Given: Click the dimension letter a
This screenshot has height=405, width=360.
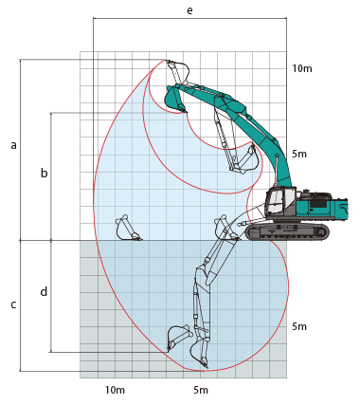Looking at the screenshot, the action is tap(13, 145).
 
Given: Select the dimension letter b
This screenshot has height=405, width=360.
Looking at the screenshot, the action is tap(45, 173).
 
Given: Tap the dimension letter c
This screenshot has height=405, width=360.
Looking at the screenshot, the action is tap(13, 304).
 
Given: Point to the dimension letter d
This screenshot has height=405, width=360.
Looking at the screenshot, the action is tap(44, 291).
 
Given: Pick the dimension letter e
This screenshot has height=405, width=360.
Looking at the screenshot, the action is tap(189, 10).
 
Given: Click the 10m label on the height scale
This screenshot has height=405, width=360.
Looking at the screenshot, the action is tap(302, 68).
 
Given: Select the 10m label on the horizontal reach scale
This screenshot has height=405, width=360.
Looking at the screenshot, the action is tap(115, 390).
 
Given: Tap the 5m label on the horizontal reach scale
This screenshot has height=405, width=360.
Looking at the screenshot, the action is tap(201, 390).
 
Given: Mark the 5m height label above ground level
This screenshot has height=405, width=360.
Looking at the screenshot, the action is tap(299, 154).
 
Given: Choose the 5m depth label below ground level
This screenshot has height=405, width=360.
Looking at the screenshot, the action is tap(299, 326).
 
